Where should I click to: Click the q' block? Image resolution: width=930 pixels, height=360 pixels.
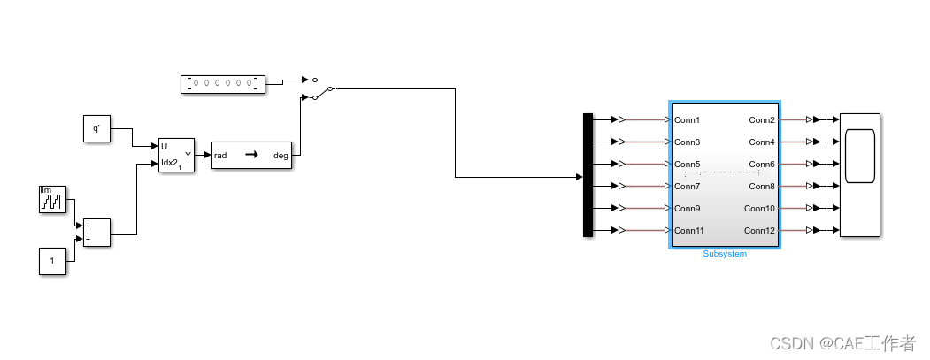point(96,129)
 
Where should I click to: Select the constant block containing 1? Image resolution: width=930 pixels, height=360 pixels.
point(52,261)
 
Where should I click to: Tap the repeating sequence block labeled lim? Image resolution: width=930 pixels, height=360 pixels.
point(52,199)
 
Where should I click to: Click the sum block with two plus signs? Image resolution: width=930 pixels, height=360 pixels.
point(96,233)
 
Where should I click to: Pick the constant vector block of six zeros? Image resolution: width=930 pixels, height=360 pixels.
point(223,84)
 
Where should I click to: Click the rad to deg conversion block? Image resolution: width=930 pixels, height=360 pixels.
point(251,156)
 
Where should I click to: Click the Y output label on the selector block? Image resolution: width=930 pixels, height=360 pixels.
point(188,156)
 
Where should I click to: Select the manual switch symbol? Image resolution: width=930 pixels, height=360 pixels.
point(319,88)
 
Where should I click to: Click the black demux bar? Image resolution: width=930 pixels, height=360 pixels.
point(588,175)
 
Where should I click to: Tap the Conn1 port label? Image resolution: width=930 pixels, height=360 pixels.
point(688,119)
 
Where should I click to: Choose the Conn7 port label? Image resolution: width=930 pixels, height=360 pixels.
point(688,187)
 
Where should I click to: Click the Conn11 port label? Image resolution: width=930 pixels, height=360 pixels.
point(690,231)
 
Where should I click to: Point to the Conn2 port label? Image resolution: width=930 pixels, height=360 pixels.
point(762,119)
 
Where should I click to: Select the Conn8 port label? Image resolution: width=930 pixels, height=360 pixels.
point(762,187)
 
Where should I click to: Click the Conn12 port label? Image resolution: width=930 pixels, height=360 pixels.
point(760,231)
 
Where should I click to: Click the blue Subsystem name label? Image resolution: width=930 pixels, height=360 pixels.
point(725,254)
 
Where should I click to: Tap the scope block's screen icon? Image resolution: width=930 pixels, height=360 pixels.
point(860,156)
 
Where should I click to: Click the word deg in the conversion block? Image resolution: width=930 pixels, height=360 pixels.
point(281,156)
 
